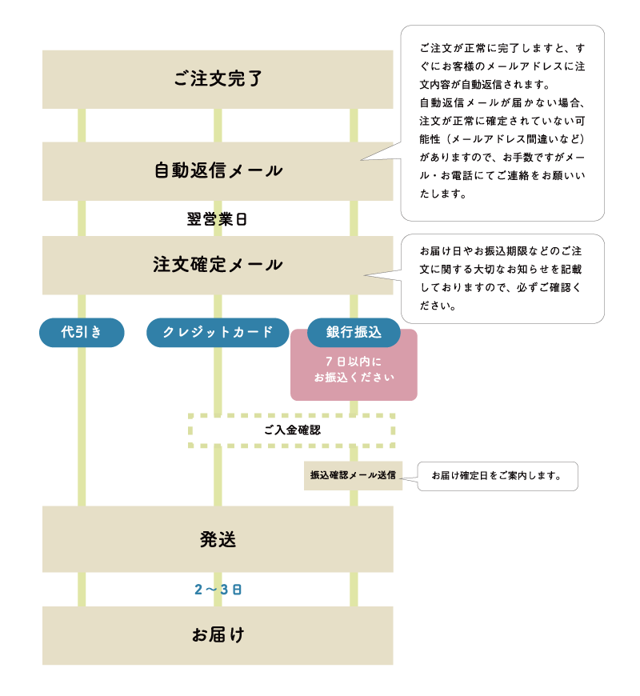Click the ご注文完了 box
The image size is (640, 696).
218,79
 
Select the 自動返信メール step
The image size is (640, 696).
218,171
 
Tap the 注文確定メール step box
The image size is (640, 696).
218,265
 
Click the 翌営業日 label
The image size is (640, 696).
217,219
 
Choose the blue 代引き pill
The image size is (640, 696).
82,333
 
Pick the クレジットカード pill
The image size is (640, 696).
218,333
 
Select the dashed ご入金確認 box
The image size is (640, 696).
292,430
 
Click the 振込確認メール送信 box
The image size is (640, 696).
353,475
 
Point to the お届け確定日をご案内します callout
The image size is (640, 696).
497,476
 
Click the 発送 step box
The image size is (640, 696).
218,539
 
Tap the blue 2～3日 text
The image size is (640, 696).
218,590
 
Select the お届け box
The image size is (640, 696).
218,635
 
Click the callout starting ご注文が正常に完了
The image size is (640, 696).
502,122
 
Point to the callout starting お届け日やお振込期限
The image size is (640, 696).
502,278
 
